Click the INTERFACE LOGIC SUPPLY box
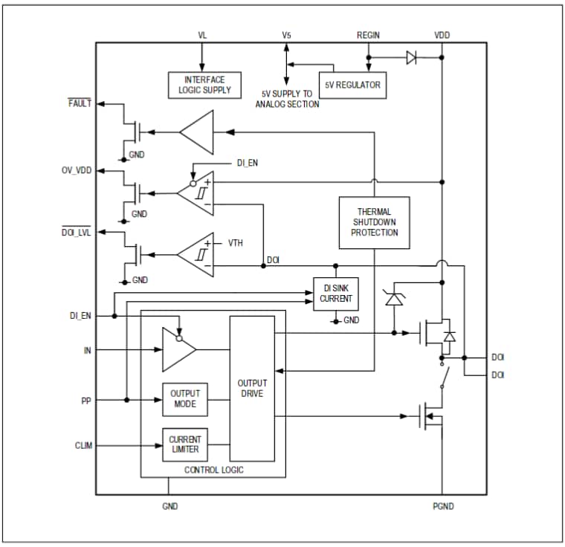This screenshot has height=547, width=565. [204, 85]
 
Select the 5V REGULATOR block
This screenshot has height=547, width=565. [352, 85]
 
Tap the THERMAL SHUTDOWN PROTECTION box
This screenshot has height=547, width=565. [373, 222]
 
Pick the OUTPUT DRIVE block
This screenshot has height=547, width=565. [251, 388]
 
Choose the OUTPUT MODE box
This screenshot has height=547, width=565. [185, 399]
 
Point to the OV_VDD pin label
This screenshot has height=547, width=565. [77, 170]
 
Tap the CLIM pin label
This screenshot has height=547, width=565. [83, 446]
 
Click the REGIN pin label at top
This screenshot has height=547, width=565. [369, 35]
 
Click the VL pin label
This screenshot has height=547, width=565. [202, 35]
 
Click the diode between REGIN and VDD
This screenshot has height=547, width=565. [411, 57]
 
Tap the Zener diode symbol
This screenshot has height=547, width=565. [393, 300]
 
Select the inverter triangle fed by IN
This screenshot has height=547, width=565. [179, 349]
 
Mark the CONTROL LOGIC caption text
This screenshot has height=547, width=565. [213, 470]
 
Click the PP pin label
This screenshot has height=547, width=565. [86, 400]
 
